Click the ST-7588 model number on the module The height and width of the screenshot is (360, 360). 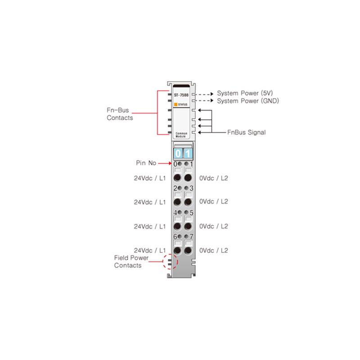point(181,95)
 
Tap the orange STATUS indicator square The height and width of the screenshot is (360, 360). point(175,104)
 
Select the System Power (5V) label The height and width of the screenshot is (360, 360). point(245,93)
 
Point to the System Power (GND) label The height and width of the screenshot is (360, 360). point(248,101)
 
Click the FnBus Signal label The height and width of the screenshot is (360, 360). point(246,132)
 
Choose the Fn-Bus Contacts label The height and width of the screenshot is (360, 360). point(120,114)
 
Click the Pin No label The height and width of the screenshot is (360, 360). point(146,163)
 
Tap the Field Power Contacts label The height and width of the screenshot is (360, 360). point(131,261)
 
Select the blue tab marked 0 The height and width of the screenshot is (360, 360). point(178,153)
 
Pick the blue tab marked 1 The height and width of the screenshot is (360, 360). point(188,153)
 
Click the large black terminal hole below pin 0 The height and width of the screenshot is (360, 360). point(177,178)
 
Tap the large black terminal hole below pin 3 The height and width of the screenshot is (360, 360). point(188,202)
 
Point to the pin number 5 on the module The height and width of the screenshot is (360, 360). point(192,213)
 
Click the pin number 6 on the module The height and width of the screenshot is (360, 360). point(175,237)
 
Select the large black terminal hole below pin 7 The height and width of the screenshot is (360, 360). point(188,251)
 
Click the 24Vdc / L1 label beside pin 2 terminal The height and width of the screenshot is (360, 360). point(150,202)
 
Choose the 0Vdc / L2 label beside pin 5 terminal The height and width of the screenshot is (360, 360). point(213,226)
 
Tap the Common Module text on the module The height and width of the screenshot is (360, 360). point(181,135)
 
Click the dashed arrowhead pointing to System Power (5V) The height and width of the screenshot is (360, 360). point(212,94)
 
